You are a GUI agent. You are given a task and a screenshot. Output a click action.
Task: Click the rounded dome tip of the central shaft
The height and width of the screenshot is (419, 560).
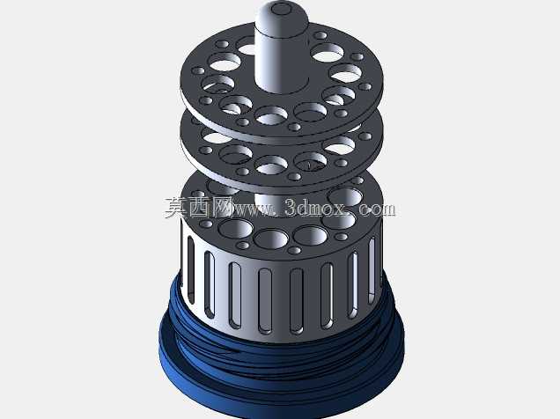[x=282, y=16]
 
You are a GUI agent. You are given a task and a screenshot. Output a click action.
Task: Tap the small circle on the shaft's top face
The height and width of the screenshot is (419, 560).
[x=281, y=9]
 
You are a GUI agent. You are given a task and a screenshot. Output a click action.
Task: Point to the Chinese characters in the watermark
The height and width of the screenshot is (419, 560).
[x=198, y=208]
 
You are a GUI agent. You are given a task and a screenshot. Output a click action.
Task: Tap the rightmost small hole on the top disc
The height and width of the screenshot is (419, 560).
[x=365, y=86]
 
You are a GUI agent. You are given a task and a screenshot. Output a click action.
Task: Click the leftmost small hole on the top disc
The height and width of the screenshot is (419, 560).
[x=197, y=70]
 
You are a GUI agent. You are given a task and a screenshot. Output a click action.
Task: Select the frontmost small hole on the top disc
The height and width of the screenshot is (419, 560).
[x=294, y=127]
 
